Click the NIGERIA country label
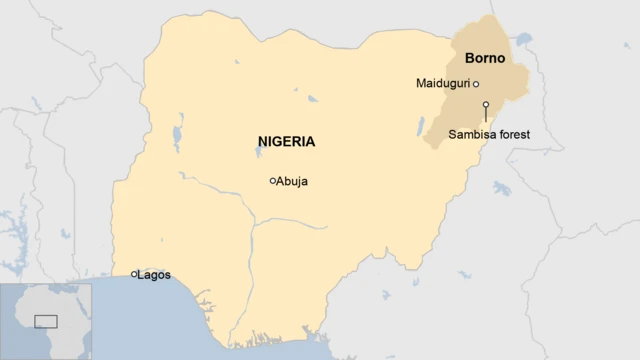[x=286, y=142]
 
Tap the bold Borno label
[x=485, y=58]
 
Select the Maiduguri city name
[x=442, y=83]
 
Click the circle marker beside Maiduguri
[x=476, y=84]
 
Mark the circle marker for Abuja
[x=272, y=181]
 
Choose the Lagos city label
[x=155, y=274]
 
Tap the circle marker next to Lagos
[x=134, y=274]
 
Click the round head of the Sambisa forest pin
[x=485, y=105]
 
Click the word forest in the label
[x=514, y=134]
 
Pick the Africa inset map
[x=46, y=321]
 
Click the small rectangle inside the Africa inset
[x=46, y=321]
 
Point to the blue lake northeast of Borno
[x=523, y=39]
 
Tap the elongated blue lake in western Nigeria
[x=177, y=135]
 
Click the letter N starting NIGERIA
[x=262, y=142]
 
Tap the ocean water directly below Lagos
[x=140, y=310]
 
